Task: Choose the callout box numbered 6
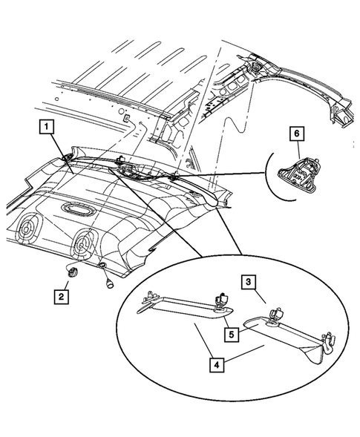[x=295, y=134]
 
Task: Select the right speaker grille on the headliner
[x=83, y=242]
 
